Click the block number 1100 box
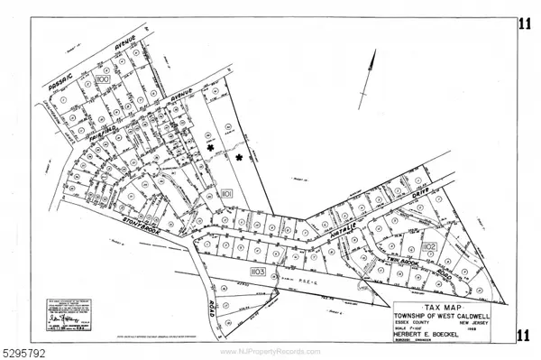pos(101,81)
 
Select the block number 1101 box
pos(227,193)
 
